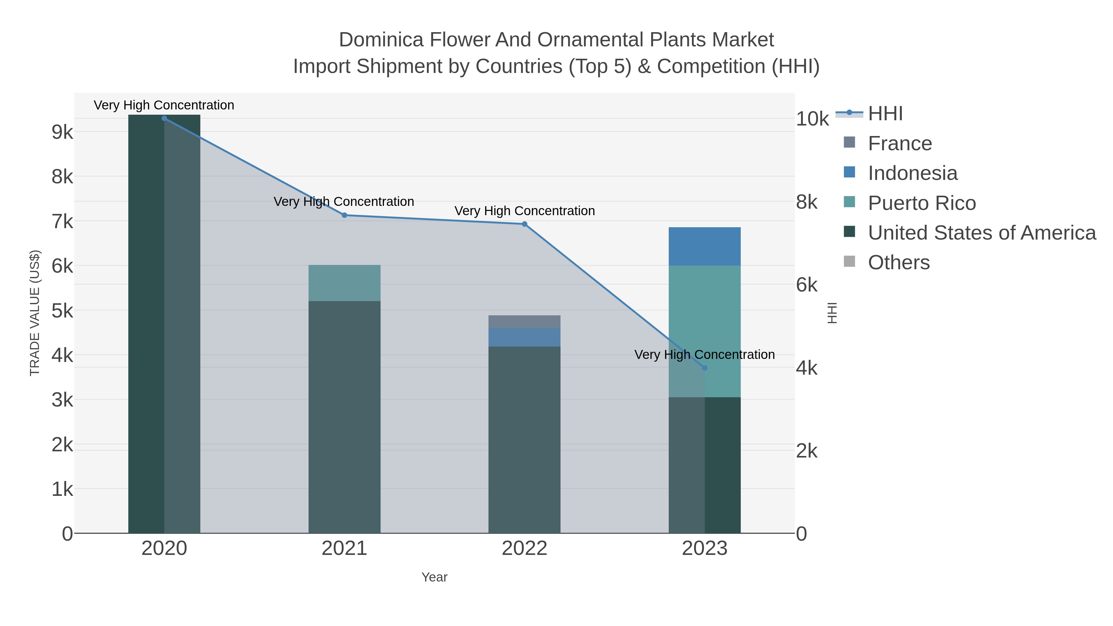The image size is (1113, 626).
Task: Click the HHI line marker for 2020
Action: [x=164, y=118]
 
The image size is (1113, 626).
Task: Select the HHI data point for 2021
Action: [x=344, y=215]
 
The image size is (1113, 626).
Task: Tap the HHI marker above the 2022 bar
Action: [x=525, y=224]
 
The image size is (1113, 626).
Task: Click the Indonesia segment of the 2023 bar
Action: [x=705, y=246]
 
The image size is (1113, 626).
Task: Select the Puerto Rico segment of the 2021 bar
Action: [x=344, y=283]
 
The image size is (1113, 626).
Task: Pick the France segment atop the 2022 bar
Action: [x=525, y=322]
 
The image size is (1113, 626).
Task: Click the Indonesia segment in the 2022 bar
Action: [x=525, y=337]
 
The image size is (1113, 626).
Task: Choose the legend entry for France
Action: [x=900, y=143]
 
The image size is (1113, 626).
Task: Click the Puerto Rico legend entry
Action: [x=922, y=203]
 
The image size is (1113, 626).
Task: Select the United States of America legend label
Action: [x=982, y=233]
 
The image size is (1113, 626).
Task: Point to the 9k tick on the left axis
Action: [x=62, y=132]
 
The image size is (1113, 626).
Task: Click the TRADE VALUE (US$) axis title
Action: [x=35, y=313]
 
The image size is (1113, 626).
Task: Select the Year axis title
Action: [x=434, y=577]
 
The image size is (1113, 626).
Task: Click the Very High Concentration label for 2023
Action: [x=704, y=355]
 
